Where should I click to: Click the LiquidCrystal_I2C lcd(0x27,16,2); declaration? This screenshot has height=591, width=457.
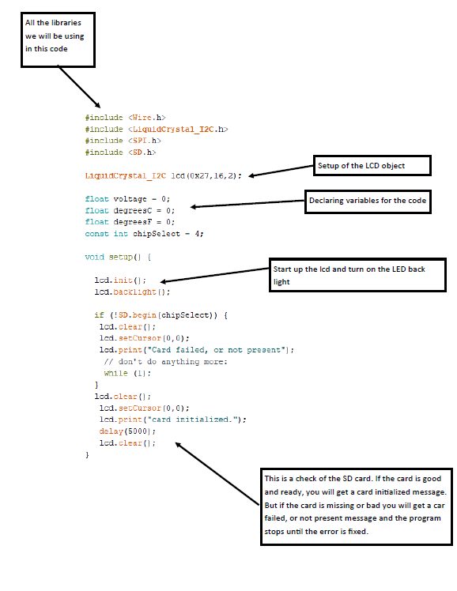(163, 175)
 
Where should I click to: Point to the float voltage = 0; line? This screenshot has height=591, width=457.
(127, 198)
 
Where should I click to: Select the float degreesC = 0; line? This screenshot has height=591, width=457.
(130, 210)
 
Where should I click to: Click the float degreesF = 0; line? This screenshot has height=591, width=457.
(130, 222)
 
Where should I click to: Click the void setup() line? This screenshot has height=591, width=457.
(118, 257)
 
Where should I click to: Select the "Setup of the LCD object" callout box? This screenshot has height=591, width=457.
(372, 165)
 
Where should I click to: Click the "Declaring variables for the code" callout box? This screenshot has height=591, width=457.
(368, 201)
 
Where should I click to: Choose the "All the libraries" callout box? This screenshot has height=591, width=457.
(57, 39)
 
